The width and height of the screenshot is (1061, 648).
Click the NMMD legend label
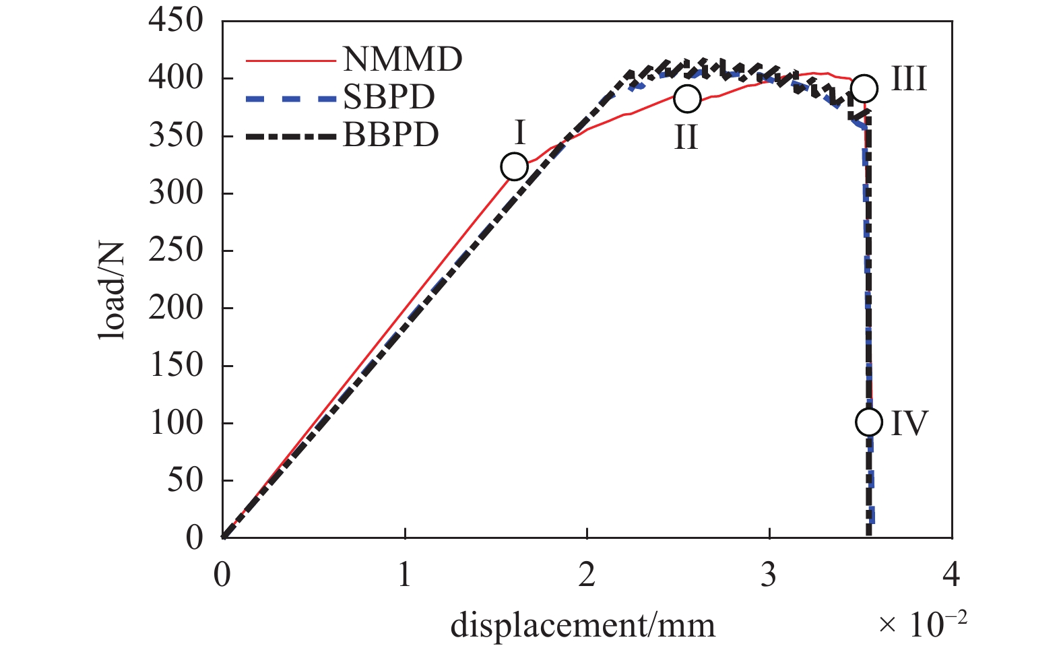pyautogui.click(x=402, y=59)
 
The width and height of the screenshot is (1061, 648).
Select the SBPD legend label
pyautogui.click(x=389, y=98)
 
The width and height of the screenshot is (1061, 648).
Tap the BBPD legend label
pyautogui.click(x=391, y=135)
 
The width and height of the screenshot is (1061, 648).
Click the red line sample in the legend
pyautogui.click(x=290, y=61)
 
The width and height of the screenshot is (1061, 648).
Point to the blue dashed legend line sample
pyautogui.click(x=290, y=98)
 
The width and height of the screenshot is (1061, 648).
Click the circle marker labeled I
pyautogui.click(x=515, y=166)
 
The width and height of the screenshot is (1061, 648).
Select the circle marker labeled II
pyautogui.click(x=687, y=98)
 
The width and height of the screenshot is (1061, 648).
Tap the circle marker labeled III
pyautogui.click(x=864, y=88)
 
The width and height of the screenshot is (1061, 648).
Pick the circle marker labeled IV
pyautogui.click(x=869, y=422)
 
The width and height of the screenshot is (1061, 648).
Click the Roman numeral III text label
pyautogui.click(x=909, y=79)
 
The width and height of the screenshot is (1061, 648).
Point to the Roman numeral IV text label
pyautogui.click(x=909, y=423)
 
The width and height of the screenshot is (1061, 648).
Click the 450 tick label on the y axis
pyautogui.click(x=176, y=20)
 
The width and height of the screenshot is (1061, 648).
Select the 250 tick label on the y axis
pyautogui.click(x=176, y=250)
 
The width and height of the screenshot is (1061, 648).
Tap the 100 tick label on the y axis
pyautogui.click(x=176, y=423)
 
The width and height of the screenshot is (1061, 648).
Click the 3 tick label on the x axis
pyautogui.click(x=769, y=575)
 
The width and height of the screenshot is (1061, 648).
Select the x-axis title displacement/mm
pyautogui.click(x=583, y=625)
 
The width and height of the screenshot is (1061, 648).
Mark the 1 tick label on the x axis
pyautogui.click(x=404, y=575)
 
